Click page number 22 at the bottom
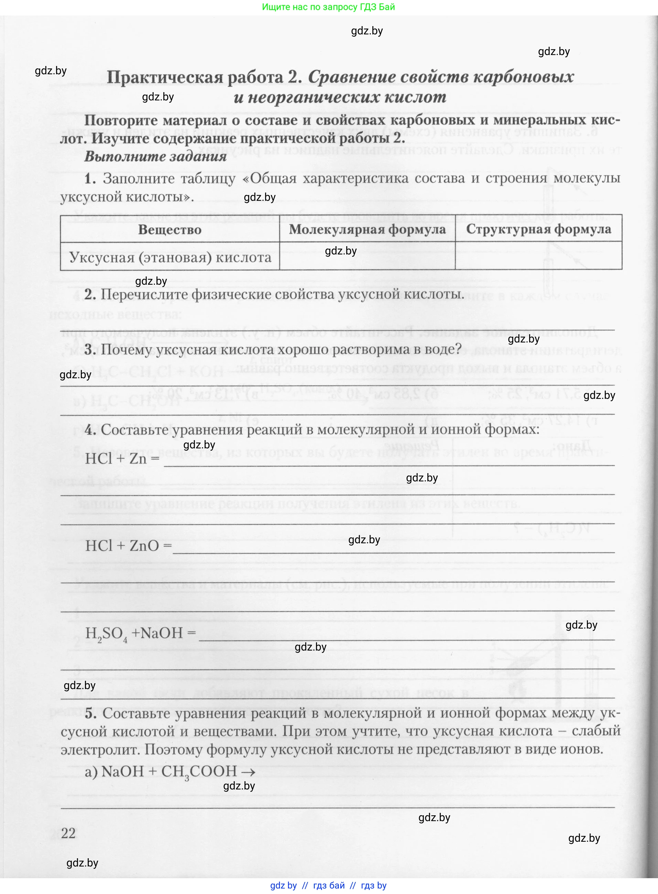click(68, 833)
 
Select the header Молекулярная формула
click(367, 229)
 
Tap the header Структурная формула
click(538, 229)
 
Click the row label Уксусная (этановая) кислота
click(170, 257)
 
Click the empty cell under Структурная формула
click(538, 256)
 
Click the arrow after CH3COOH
click(248, 772)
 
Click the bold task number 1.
click(90, 178)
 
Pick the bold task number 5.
click(90, 713)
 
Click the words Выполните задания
click(155, 156)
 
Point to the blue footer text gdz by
click(283, 885)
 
